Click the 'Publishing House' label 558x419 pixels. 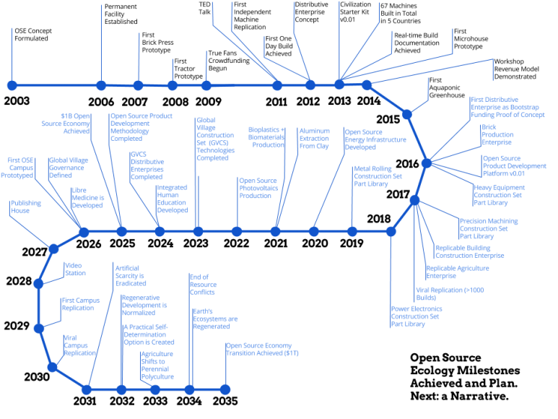[x=26, y=207]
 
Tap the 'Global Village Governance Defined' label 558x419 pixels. [x=69, y=168]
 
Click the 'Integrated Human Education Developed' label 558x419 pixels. [x=173, y=199]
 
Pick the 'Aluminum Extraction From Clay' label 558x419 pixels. [x=314, y=138]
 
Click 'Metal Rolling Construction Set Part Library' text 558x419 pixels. [x=378, y=176]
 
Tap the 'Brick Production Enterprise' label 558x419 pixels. [x=497, y=135]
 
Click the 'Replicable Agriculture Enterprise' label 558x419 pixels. [x=457, y=272]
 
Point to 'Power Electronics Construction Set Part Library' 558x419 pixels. [x=417, y=316]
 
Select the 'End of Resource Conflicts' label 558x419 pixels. [x=203, y=285]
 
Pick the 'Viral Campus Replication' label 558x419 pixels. [x=79, y=345]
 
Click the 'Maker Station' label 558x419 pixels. [x=75, y=269]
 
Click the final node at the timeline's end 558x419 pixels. [x=224, y=389]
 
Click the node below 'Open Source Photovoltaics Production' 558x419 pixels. [x=237, y=232]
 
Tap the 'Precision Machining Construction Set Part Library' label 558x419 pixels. [x=488, y=228]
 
